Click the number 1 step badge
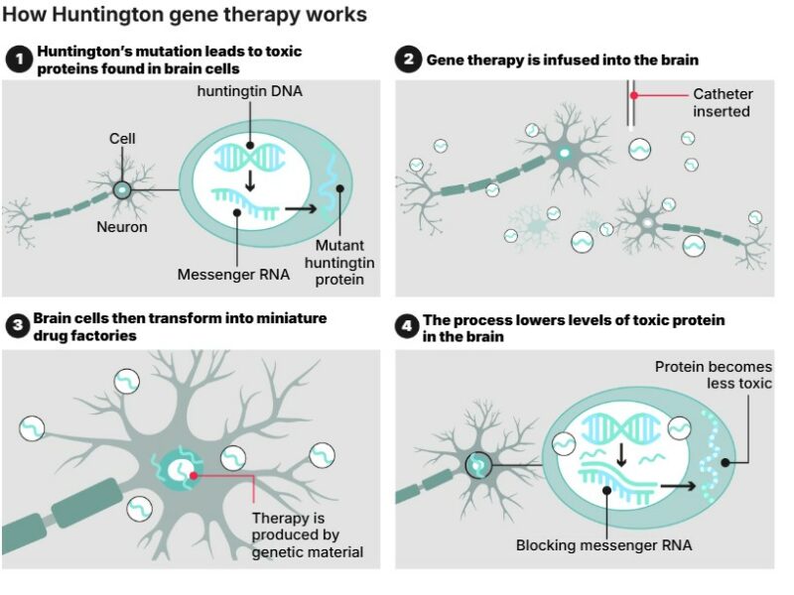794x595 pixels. coord(19,59)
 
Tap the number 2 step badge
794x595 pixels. coord(409,59)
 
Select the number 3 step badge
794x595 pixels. coord(18,326)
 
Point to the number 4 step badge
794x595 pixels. coord(407,327)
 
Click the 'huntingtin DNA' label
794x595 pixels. coord(250,91)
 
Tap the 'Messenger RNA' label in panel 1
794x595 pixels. coord(233,275)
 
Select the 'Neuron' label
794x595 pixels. coord(122,227)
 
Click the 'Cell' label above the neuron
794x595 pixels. coord(122,139)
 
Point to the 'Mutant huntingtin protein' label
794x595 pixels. coord(339,263)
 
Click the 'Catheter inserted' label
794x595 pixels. coord(723,103)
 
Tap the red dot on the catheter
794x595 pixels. coord(634,95)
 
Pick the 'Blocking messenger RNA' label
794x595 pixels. coord(603,545)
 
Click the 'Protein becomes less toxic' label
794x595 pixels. coord(714,375)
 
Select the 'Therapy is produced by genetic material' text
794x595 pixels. coord(308,535)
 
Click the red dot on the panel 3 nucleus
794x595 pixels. coord(193,476)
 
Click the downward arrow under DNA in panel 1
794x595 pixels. coord(250,181)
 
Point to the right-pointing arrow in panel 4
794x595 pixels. coord(678,486)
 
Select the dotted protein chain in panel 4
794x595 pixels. coord(709,456)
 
